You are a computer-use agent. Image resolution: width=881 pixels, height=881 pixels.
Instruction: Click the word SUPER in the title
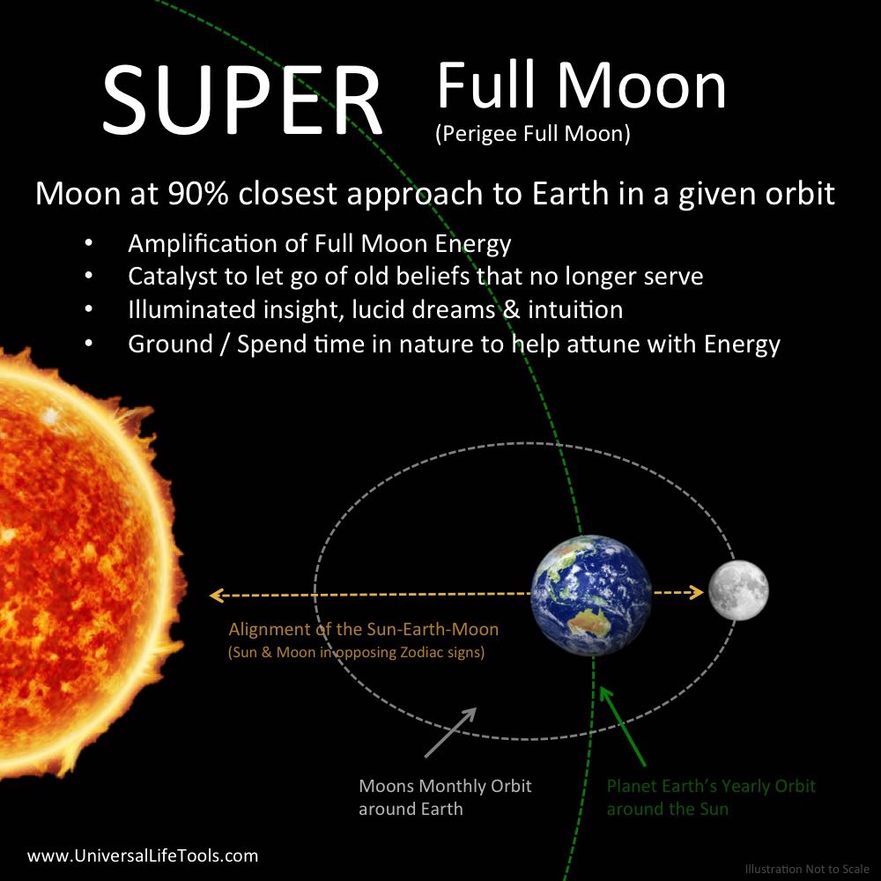pos(243,100)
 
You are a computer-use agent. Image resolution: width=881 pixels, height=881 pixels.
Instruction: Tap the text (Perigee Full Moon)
pos(533,134)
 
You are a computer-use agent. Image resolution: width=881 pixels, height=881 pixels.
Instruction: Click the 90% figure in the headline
pos(197,194)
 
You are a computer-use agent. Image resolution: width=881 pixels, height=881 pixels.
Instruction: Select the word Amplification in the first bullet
pos(218,244)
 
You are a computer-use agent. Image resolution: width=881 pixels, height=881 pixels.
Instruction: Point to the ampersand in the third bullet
pos(511,309)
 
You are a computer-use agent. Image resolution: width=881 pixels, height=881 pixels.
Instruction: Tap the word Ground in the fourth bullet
pos(170,344)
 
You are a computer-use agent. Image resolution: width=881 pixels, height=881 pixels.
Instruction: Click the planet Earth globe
pos(591,595)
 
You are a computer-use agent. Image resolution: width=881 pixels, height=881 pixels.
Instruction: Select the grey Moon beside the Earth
pos(738,590)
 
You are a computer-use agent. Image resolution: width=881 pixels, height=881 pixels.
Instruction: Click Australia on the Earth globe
pos(590,624)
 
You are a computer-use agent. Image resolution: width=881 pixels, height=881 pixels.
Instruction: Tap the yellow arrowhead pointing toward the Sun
pos(218,595)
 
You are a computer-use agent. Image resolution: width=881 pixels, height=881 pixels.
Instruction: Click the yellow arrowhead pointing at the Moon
pos(697,592)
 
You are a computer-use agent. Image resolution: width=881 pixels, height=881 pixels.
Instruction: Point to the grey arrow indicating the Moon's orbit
pos(450,732)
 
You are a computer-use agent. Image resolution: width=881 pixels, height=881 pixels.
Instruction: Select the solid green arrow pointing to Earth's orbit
pos(623,726)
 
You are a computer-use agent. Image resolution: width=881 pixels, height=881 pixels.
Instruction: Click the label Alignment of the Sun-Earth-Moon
pos(364,629)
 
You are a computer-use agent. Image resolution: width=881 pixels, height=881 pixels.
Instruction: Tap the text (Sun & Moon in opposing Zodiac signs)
pos(356,652)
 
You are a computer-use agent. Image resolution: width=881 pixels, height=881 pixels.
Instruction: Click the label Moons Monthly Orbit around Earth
pos(445,797)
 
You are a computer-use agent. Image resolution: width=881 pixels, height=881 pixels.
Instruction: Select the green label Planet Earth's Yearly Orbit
pos(711,786)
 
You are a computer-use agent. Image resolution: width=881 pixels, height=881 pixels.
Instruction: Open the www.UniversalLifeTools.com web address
pos(143,855)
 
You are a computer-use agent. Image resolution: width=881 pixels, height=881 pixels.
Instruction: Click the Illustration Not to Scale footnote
pos(807,869)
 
